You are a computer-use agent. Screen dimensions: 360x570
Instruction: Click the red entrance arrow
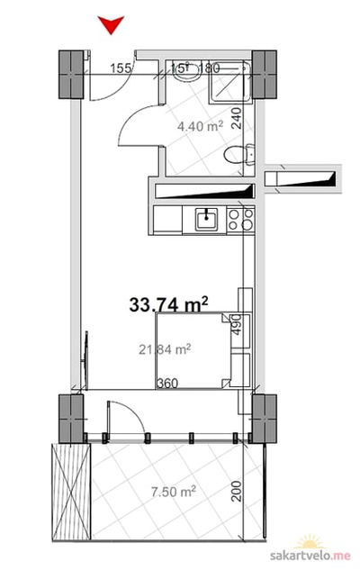(112, 24)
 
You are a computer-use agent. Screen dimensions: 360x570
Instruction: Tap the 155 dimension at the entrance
(121, 68)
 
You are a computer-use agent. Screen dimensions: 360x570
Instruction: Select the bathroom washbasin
(186, 72)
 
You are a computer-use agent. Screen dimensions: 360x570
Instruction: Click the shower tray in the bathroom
(230, 82)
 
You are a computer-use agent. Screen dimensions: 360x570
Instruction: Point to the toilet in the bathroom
(239, 155)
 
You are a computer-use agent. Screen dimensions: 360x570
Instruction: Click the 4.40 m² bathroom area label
(200, 126)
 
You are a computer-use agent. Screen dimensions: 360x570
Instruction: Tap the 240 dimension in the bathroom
(237, 118)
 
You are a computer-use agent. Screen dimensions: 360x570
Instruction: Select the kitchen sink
(206, 219)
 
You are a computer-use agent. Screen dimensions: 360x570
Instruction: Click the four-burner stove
(240, 220)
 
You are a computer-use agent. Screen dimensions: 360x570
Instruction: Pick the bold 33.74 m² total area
(168, 304)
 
